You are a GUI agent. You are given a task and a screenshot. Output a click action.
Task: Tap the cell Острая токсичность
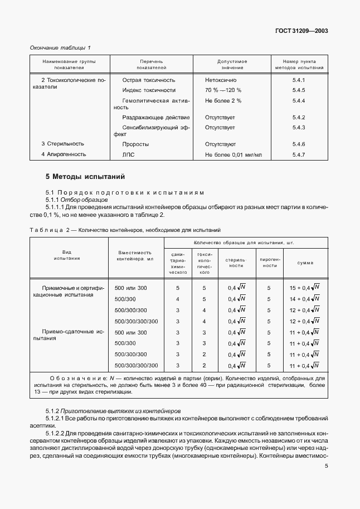pyautogui.click(x=149, y=80)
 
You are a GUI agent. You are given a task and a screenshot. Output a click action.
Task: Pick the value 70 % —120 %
pyautogui.click(x=223, y=90)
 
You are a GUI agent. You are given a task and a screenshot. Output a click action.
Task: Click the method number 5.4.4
pyautogui.click(x=299, y=100)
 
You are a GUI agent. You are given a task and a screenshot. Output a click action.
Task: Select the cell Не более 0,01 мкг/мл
pyautogui.click(x=233, y=154)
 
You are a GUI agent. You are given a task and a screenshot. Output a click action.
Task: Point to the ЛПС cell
pyautogui.click(x=129, y=154)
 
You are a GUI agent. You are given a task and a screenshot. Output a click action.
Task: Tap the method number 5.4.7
pyautogui.click(x=299, y=154)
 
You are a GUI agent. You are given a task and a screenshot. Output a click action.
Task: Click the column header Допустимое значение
pyautogui.click(x=232, y=64)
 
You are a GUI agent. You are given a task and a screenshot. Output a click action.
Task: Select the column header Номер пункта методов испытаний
pyautogui.click(x=299, y=64)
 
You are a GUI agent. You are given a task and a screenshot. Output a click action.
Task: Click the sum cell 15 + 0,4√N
pyautogui.click(x=304, y=288)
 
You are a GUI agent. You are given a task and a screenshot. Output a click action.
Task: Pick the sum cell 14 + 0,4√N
pyautogui.click(x=304, y=299)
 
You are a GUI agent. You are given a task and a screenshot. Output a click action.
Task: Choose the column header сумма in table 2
pyautogui.click(x=304, y=262)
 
